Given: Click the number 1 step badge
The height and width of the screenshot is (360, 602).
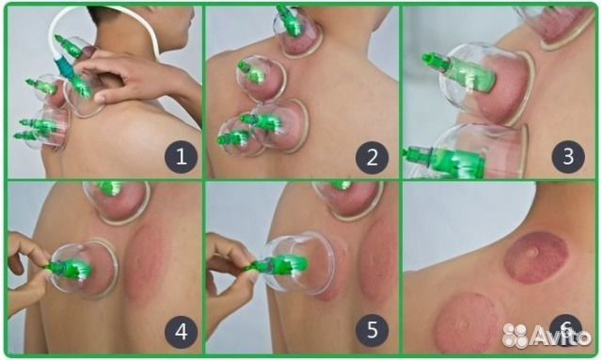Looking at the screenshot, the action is [x=181, y=157].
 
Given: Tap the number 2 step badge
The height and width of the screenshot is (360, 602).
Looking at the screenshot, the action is [x=372, y=157].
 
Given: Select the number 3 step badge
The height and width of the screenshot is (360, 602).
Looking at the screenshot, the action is [x=568, y=157].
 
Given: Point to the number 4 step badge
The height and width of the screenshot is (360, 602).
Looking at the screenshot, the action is [x=181, y=332].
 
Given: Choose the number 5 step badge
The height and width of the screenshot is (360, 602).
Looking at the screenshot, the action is [x=372, y=331].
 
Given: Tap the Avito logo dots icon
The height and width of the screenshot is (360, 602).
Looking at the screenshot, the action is [x=515, y=335].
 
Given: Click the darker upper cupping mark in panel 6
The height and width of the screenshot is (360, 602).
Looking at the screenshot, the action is [x=536, y=258].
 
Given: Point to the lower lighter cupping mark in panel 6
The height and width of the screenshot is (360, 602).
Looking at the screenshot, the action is [x=467, y=323].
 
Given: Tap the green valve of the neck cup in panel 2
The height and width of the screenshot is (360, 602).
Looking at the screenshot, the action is [x=291, y=22].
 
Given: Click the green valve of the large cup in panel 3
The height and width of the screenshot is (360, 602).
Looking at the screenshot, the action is [x=459, y=72].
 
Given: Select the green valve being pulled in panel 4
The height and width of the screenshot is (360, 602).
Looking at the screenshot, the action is [x=69, y=269].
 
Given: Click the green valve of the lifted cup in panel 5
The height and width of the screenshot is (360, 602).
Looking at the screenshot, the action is [x=277, y=265].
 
